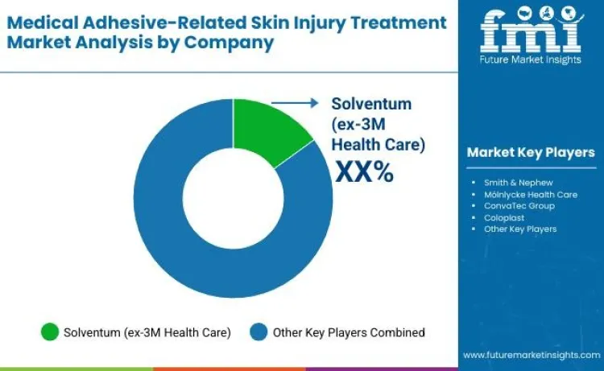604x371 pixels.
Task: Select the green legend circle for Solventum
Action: [50, 332]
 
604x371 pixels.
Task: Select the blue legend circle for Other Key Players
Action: [258, 332]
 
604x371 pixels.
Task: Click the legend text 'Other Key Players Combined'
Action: [349, 332]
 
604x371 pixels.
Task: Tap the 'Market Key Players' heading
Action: [531, 153]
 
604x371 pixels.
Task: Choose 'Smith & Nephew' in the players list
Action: [518, 183]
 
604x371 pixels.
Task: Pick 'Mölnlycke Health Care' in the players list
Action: [529, 194]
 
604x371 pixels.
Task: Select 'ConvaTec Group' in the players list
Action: [519, 206]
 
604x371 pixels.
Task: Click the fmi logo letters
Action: [531, 32]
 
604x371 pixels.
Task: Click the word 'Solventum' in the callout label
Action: [371, 104]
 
